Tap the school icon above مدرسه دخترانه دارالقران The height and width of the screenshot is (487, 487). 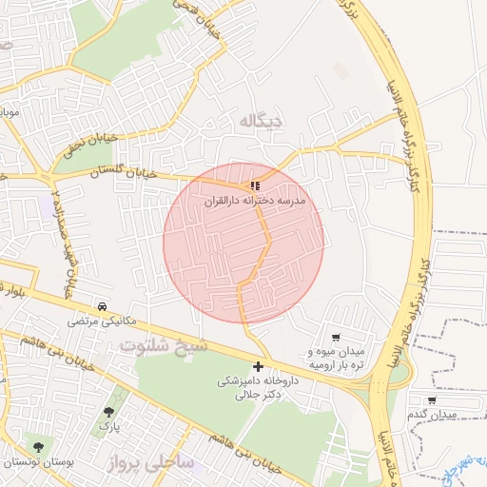pyautogui.click(x=254, y=185)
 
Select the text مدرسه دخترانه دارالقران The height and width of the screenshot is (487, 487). pyautogui.click(x=254, y=203)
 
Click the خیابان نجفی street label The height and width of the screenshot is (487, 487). pyautogui.click(x=89, y=144)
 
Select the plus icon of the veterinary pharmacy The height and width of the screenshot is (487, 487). pyautogui.click(x=258, y=367)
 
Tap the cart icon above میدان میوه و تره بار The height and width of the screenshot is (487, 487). pyautogui.click(x=335, y=338)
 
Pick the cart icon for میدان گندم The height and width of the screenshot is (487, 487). pyautogui.click(x=432, y=400)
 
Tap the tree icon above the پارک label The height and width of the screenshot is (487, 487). pyautogui.click(x=109, y=412)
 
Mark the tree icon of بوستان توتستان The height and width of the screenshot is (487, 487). pyautogui.click(x=38, y=446)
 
